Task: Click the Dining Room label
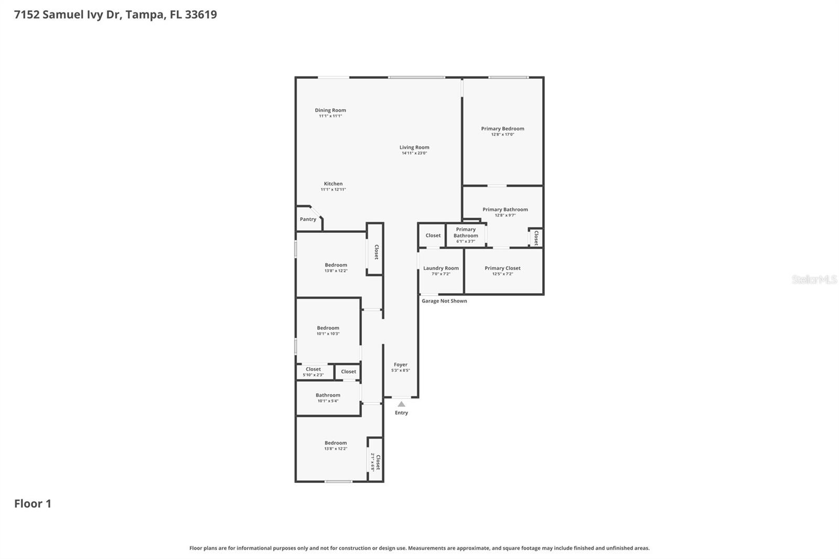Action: pyautogui.click(x=330, y=110)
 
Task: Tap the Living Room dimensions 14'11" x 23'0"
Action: pyautogui.click(x=414, y=153)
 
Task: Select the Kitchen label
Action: pyautogui.click(x=333, y=184)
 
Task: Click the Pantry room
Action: pyautogui.click(x=308, y=219)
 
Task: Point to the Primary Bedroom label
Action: pyautogui.click(x=502, y=128)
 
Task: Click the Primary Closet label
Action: pyautogui.click(x=502, y=268)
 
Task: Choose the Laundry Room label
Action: pyautogui.click(x=440, y=268)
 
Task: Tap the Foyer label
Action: pyautogui.click(x=401, y=364)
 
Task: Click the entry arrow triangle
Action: pyautogui.click(x=401, y=404)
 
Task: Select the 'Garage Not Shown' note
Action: pyautogui.click(x=444, y=301)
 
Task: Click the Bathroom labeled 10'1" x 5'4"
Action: pyautogui.click(x=328, y=397)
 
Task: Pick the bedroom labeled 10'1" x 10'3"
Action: pyautogui.click(x=328, y=330)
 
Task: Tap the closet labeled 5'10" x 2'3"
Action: pyautogui.click(x=313, y=372)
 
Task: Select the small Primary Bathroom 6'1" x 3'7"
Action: pyautogui.click(x=466, y=235)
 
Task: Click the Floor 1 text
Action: pyautogui.click(x=33, y=504)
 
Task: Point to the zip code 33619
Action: pyautogui.click(x=201, y=15)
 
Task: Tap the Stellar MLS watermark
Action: pyautogui.click(x=814, y=279)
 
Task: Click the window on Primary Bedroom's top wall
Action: pyautogui.click(x=508, y=78)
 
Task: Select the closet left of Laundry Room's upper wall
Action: pyautogui.click(x=433, y=235)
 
